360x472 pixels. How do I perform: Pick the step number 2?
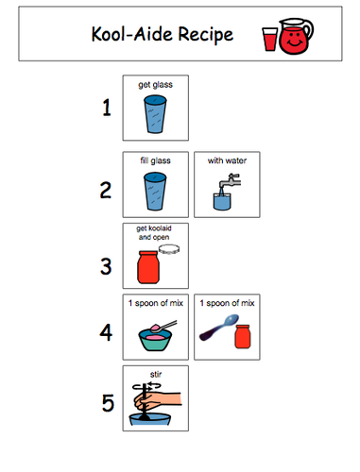[x=107, y=189]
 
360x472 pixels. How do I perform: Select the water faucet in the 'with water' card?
[x=226, y=189]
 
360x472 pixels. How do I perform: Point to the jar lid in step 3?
[x=171, y=249]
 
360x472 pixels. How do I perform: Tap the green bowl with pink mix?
[x=151, y=338]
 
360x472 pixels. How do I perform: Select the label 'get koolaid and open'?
[x=155, y=233]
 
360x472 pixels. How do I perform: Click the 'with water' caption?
[x=227, y=160]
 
